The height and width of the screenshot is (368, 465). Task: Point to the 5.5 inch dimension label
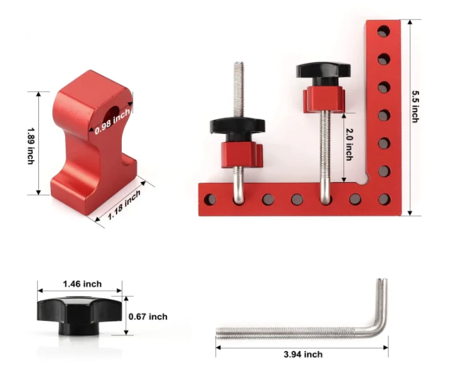(x=415, y=107)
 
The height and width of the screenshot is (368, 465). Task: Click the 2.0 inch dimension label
(x=349, y=144)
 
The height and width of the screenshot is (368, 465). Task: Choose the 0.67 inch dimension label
(x=148, y=317)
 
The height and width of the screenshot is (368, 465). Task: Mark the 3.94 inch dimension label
(x=304, y=355)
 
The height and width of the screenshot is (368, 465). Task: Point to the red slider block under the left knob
(x=241, y=152)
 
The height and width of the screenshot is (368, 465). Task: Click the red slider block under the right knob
(x=324, y=97)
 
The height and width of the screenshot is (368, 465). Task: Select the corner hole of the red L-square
(x=383, y=199)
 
